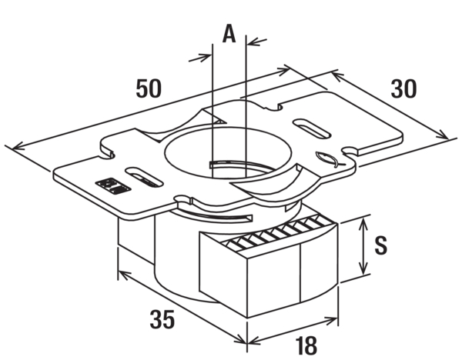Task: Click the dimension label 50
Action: pos(149,88)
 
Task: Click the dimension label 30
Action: pos(403,88)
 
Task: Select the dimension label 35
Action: pos(162,319)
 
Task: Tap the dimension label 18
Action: pos(306,345)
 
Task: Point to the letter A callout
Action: pos(229,34)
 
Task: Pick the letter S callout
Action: pos(381,245)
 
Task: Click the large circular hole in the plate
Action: pos(227,153)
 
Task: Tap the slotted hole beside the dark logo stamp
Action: pos(145,176)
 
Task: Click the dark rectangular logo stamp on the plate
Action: pos(113,185)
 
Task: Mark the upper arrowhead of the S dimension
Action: pos(364,222)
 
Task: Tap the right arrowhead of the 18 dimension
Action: pos(331,320)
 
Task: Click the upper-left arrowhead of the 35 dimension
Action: pos(124,275)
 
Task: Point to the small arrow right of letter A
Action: pos(257,42)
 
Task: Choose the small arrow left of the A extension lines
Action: pos(200,58)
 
